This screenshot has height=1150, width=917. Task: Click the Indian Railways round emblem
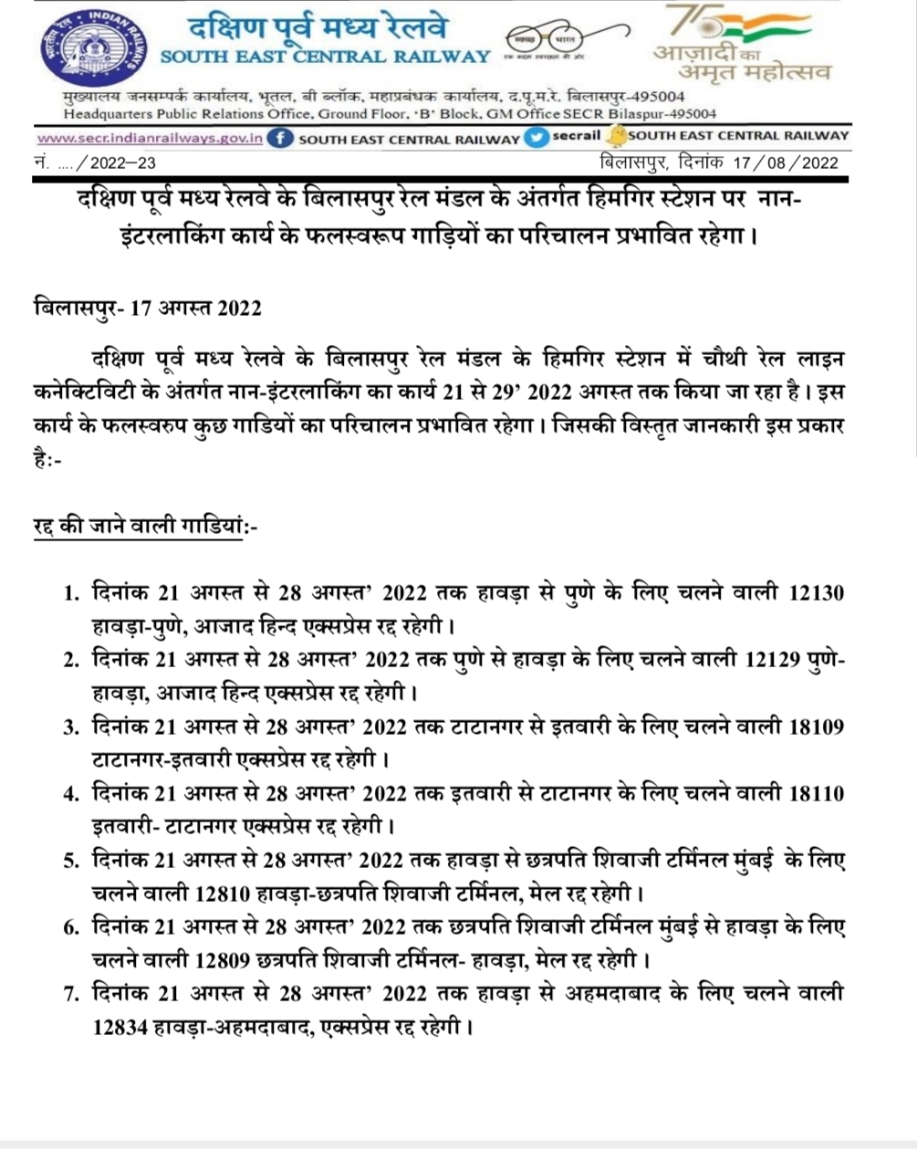pyautogui.click(x=92, y=49)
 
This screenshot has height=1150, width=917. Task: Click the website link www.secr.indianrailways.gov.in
pyautogui.click(x=151, y=139)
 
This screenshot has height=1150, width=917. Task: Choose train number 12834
pyautogui.click(x=122, y=1027)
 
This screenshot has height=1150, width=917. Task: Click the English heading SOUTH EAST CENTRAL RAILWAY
pyautogui.click(x=325, y=57)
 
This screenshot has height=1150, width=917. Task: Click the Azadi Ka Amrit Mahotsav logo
pyautogui.click(x=741, y=44)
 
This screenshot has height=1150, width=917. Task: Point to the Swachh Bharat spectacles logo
pyautogui.click(x=546, y=41)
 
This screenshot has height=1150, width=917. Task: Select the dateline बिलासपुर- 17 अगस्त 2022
pyautogui.click(x=147, y=307)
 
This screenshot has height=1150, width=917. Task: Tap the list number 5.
pyautogui.click(x=70, y=861)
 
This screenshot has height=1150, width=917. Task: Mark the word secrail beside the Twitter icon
pyautogui.click(x=577, y=136)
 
